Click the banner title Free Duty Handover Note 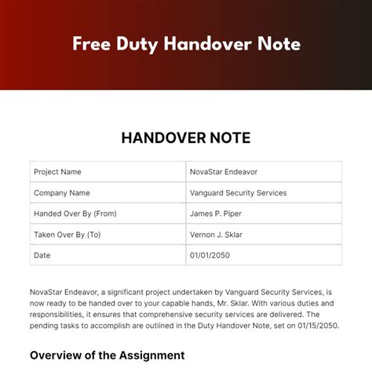186,44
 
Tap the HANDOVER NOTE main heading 186,138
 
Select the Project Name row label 57,172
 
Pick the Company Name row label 61,192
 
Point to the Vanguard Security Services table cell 238,192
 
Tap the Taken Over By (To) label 67,234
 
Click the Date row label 42,255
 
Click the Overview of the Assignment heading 108,356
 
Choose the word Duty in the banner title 136,44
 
